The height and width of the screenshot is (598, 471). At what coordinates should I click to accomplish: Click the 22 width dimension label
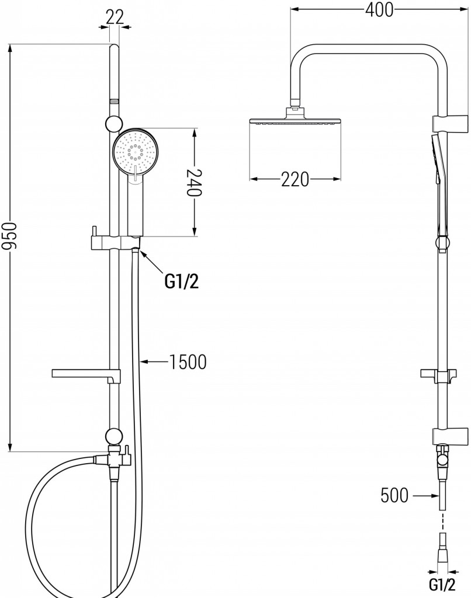tap(115, 17)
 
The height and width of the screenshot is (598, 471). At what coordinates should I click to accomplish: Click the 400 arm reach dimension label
tap(378, 9)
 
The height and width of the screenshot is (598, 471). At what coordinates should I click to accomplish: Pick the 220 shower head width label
tap(295, 180)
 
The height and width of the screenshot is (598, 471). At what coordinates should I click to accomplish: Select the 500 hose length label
tap(394, 496)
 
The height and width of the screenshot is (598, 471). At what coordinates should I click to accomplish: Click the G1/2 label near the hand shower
tap(182, 282)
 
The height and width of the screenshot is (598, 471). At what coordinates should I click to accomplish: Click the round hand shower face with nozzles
tap(136, 152)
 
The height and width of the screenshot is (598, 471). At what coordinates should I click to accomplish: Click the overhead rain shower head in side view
tap(295, 120)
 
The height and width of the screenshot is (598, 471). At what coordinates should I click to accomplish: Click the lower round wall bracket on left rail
tap(114, 435)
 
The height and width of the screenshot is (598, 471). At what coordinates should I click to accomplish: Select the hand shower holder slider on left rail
tap(111, 242)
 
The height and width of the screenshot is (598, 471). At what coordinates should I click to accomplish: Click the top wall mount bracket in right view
tap(451, 123)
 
